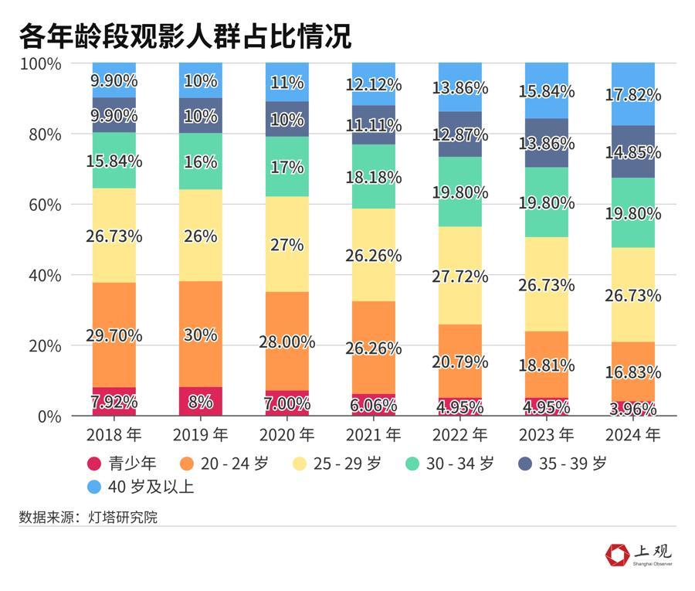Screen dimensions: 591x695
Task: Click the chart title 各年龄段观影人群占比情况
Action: (185, 36)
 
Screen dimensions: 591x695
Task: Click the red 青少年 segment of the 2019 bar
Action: (201, 402)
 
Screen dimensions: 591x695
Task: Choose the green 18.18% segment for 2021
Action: (374, 176)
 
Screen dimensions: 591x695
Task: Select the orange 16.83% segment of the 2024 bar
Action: (633, 371)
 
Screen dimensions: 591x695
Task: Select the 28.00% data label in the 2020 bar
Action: (287, 341)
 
